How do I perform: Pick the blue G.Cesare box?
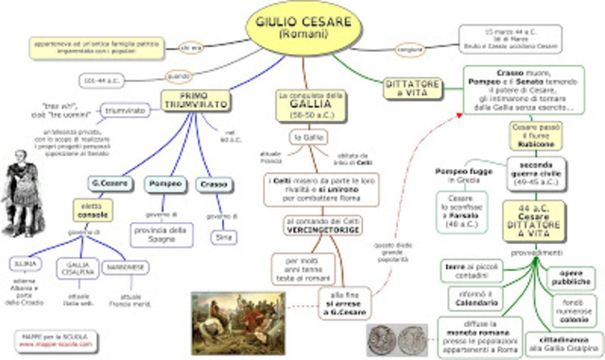[x=109, y=182]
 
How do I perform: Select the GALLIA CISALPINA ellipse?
[x=78, y=271]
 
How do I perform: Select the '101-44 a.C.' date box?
[x=100, y=79]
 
